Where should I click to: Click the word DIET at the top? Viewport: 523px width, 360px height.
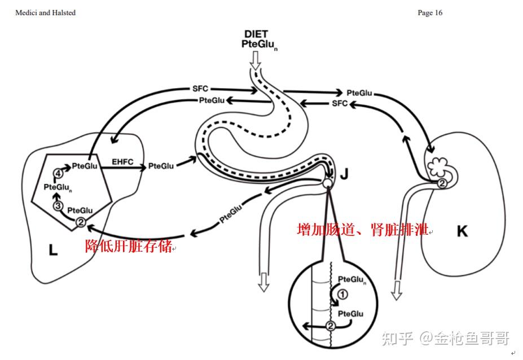tap(256, 34)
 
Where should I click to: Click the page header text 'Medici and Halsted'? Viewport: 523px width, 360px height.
tap(45, 12)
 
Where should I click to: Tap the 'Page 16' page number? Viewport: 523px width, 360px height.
tap(430, 12)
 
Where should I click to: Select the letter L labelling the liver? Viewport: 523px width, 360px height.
tap(54, 250)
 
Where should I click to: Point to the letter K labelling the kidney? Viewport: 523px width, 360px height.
tap(462, 231)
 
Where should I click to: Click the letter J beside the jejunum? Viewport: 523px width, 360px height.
tap(344, 174)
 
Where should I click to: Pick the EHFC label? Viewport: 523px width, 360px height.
tap(122, 162)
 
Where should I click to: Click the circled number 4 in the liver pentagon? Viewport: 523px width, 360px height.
tap(58, 173)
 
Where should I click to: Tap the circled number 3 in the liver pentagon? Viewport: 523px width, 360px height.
tap(58, 205)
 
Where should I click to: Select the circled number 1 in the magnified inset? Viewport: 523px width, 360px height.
tap(342, 295)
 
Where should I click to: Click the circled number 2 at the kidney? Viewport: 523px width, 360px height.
tap(442, 183)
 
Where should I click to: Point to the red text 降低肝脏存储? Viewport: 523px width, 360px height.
tap(129, 246)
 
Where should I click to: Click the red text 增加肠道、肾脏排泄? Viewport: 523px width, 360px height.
tap(363, 230)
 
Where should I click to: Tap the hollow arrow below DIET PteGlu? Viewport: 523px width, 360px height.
tap(256, 60)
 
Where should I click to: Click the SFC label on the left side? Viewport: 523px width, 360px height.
tap(200, 89)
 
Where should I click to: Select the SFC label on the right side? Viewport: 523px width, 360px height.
tap(340, 103)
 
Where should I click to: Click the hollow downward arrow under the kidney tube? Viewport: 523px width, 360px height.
tap(397, 290)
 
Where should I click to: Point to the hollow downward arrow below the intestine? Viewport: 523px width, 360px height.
tap(263, 282)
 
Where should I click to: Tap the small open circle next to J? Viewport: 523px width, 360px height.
tap(327, 182)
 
